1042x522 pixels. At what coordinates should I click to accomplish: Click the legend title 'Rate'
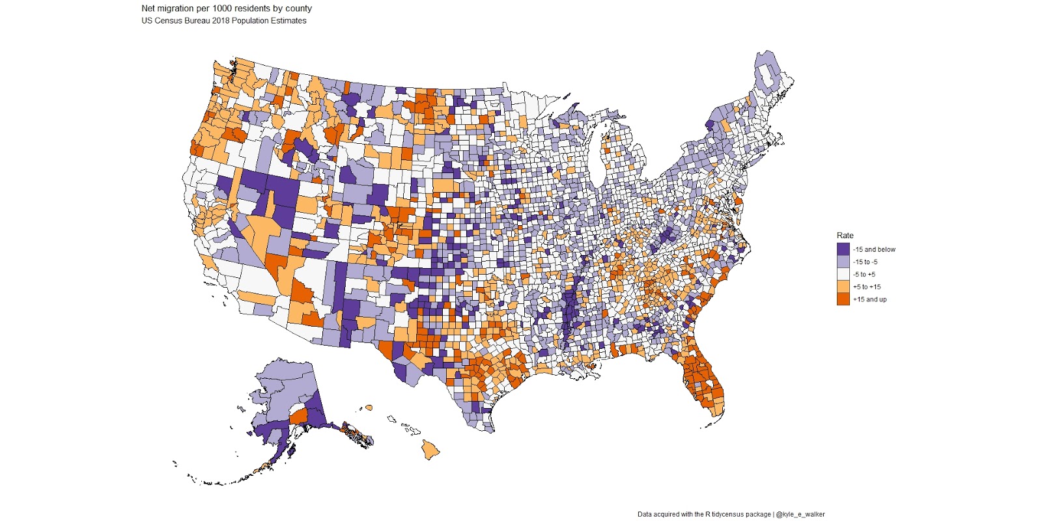(845, 236)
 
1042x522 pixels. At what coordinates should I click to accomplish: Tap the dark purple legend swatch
(843, 249)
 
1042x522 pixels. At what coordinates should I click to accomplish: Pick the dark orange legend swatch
(843, 299)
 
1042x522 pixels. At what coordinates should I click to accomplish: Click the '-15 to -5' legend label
(865, 262)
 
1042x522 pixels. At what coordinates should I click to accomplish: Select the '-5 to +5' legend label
(864, 275)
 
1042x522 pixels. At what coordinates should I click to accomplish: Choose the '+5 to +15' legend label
(867, 287)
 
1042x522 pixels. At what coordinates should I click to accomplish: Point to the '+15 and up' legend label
(869, 299)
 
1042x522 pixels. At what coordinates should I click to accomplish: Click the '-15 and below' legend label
(874, 249)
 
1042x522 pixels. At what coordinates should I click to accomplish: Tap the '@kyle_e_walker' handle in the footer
(800, 514)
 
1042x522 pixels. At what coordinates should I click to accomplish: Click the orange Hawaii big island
(430, 448)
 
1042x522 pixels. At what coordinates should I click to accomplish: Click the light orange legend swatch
(843, 287)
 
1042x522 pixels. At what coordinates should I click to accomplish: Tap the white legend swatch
(843, 275)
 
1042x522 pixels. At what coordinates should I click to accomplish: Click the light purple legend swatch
(843, 262)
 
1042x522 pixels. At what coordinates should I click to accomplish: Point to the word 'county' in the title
(298, 8)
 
